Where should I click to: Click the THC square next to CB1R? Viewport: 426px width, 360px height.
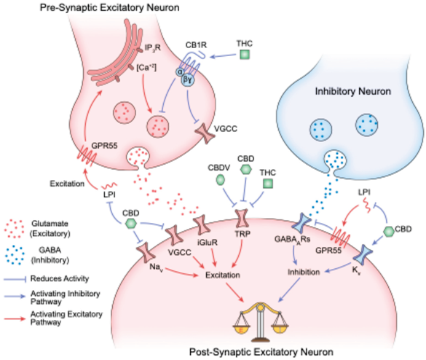point(245,55)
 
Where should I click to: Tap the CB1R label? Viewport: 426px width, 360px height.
point(196,45)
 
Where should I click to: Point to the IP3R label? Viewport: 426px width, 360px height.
point(152,48)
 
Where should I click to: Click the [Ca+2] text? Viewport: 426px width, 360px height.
point(146,68)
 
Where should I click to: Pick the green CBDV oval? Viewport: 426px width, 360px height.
point(221,180)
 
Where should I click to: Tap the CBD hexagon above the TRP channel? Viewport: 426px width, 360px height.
point(246,169)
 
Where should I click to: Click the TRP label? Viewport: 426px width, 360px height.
point(242,233)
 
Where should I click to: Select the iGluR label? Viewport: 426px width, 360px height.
point(208,242)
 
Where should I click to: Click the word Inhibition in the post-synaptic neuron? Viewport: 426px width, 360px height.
point(304,272)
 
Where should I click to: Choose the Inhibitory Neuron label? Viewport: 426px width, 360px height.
point(353,91)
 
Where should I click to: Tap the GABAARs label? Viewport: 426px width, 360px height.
point(292,240)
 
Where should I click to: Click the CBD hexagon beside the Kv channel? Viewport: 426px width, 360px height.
point(389,232)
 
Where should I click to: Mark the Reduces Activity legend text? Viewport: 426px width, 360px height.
point(60,278)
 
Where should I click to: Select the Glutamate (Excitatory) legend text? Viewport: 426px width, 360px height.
point(50,229)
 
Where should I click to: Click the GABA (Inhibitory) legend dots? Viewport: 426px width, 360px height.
point(15,255)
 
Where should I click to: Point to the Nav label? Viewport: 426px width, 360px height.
point(157,267)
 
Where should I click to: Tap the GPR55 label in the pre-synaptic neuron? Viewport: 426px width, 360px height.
point(104,146)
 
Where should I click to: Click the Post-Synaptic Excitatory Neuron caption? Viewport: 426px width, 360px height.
point(261,352)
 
